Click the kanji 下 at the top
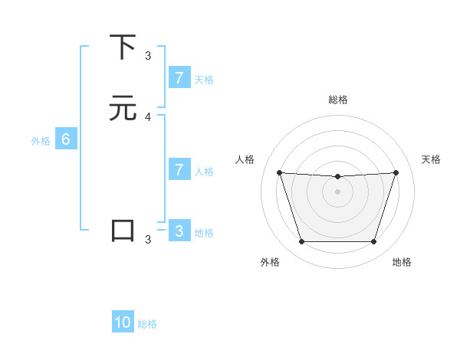123,47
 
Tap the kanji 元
123,109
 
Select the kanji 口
123,231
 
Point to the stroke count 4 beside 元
148,117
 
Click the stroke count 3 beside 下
148,55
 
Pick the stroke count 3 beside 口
148,240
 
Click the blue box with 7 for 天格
179,77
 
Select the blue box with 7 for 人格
179,169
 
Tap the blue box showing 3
179,231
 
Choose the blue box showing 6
66,139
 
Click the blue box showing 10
123,322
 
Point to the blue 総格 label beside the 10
147,324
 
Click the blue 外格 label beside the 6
40,141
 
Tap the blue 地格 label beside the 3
204,233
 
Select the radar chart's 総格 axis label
338,100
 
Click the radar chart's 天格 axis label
432,159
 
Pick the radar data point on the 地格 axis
373,242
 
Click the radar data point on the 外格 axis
301,242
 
